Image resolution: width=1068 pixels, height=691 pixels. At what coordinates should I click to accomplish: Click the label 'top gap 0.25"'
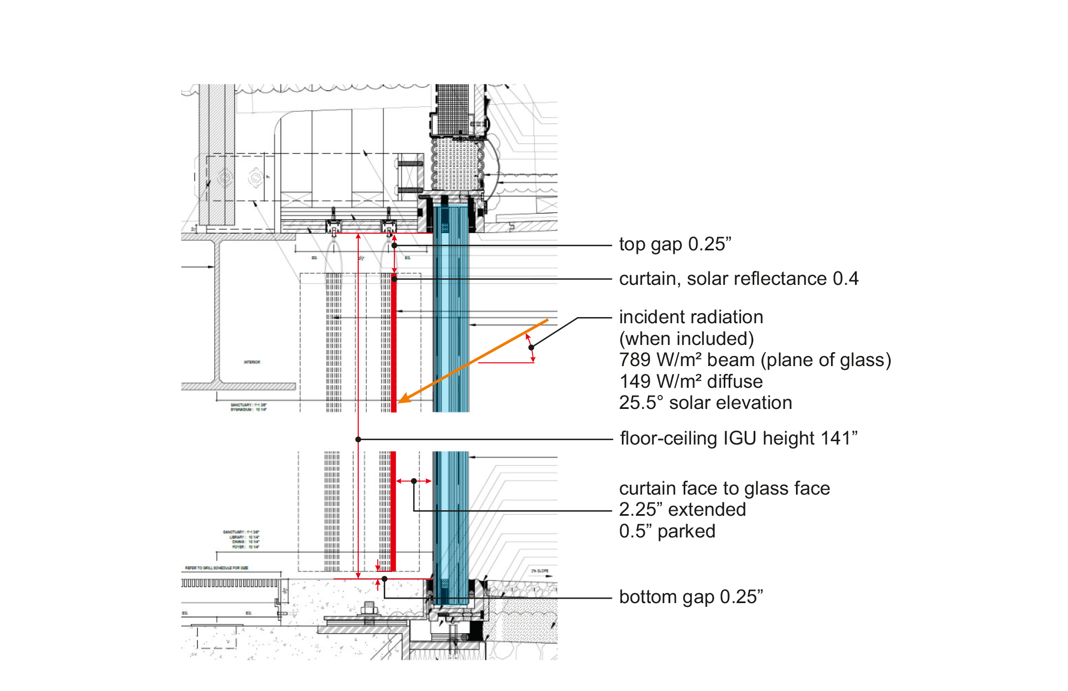click(675, 244)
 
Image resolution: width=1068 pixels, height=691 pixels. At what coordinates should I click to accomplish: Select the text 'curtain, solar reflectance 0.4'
click(738, 279)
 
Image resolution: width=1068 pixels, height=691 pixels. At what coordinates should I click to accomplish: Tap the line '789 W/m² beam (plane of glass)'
click(755, 360)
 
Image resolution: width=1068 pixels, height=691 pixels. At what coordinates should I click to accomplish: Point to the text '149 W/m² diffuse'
click(690, 382)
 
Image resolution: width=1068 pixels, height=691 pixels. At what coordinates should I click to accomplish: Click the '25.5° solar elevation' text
click(705, 403)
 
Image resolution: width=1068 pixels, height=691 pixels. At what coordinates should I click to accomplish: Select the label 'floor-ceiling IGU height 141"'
click(738, 438)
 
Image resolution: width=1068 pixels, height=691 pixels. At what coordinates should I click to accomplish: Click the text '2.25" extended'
click(682, 510)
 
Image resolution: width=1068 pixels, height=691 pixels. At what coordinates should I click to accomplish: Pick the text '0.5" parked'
click(667, 531)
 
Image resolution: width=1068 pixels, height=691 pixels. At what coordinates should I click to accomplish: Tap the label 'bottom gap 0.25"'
click(690, 597)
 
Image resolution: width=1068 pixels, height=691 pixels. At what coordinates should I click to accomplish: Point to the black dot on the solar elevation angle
click(531, 347)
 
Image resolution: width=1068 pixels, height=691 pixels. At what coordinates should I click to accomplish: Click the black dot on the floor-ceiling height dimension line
click(358, 440)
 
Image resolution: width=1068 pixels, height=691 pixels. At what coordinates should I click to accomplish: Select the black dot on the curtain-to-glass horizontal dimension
click(414, 481)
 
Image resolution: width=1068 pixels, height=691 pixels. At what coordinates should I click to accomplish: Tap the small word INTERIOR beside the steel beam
click(251, 362)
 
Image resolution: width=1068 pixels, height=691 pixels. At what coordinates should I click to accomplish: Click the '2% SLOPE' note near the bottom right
click(540, 571)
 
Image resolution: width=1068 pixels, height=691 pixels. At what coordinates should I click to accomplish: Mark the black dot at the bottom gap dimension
click(384, 579)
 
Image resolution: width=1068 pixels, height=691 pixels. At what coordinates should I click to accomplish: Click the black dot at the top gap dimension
click(394, 245)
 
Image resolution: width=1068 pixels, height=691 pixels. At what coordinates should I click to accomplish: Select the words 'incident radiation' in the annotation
click(690, 317)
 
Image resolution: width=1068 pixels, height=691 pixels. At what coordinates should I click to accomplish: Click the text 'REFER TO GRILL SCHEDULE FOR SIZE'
click(216, 568)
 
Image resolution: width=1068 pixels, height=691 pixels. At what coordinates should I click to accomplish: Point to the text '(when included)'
click(686, 339)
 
